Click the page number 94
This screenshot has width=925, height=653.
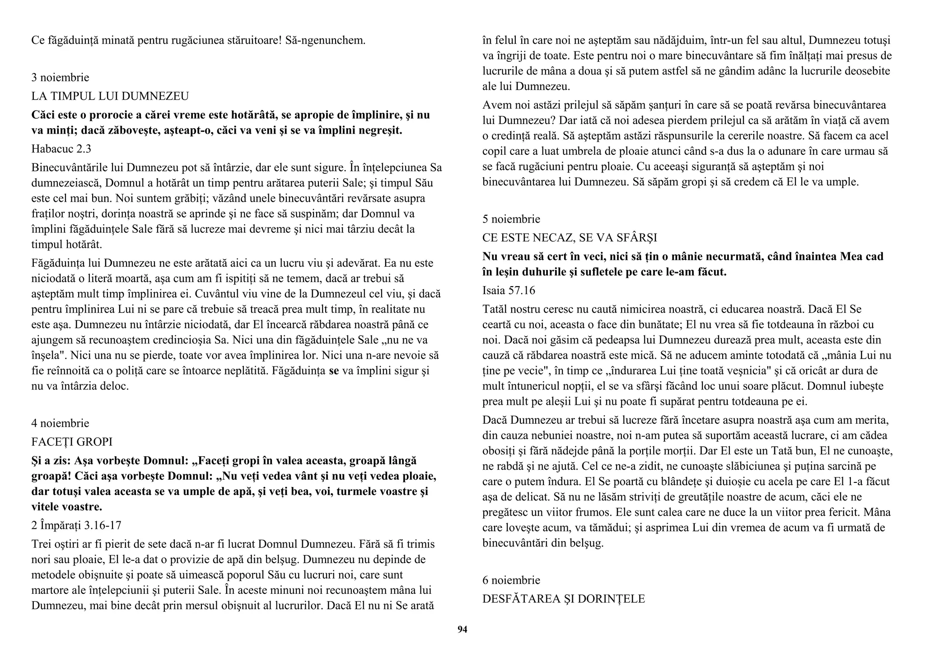462,630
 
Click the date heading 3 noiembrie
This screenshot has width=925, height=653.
60,78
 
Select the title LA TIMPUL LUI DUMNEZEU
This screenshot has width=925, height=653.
110,96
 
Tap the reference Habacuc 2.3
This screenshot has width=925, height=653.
61,149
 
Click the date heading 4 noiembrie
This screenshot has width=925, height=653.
60,423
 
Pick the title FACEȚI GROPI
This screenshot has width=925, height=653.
72,442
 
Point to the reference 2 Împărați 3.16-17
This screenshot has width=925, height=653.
76,525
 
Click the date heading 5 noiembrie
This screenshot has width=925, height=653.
511,219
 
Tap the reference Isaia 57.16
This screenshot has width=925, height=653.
509,291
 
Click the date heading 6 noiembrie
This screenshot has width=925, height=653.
511,580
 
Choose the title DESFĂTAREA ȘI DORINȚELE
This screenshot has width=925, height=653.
563,599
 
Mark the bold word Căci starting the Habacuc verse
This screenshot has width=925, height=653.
44,115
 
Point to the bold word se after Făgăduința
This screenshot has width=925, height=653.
334,371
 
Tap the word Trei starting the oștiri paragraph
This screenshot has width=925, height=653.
41,544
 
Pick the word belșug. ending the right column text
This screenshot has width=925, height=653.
587,543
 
